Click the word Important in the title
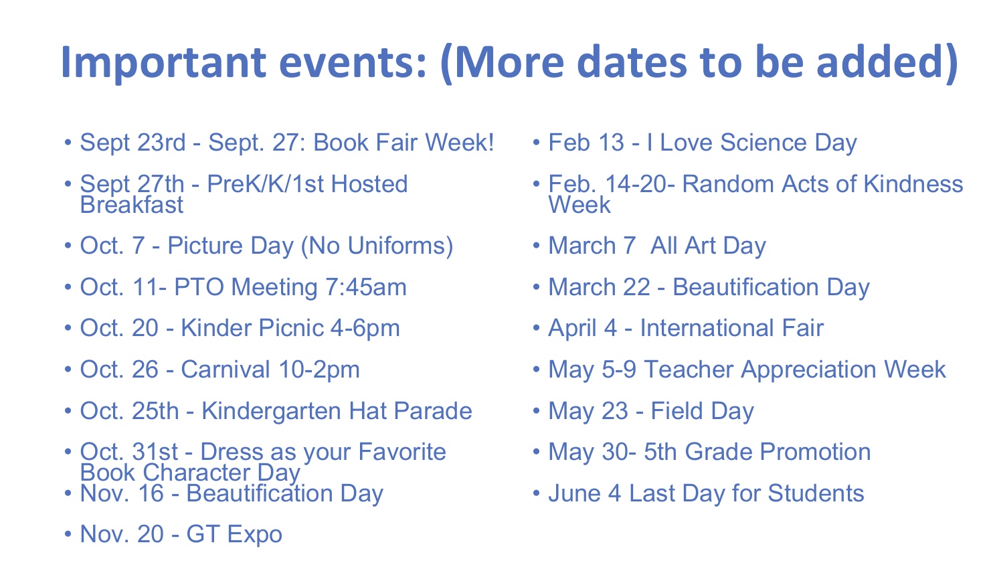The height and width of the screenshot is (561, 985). click(x=163, y=62)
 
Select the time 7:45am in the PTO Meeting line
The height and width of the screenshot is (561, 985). click(x=366, y=287)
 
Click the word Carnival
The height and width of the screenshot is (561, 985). click(x=225, y=369)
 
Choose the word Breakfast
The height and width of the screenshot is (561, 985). click(x=131, y=205)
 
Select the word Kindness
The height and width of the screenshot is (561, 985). click(x=913, y=184)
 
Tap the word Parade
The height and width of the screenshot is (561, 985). click(x=433, y=411)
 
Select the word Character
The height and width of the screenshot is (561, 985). click(x=195, y=473)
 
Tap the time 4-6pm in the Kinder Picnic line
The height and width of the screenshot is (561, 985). click(x=365, y=329)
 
